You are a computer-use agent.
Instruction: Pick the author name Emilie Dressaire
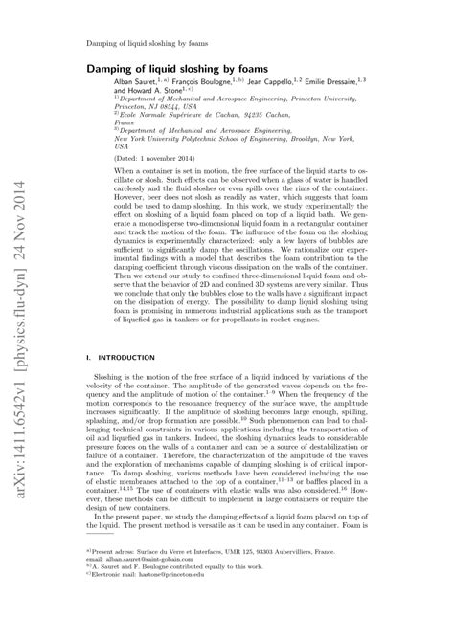[x=345, y=84]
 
